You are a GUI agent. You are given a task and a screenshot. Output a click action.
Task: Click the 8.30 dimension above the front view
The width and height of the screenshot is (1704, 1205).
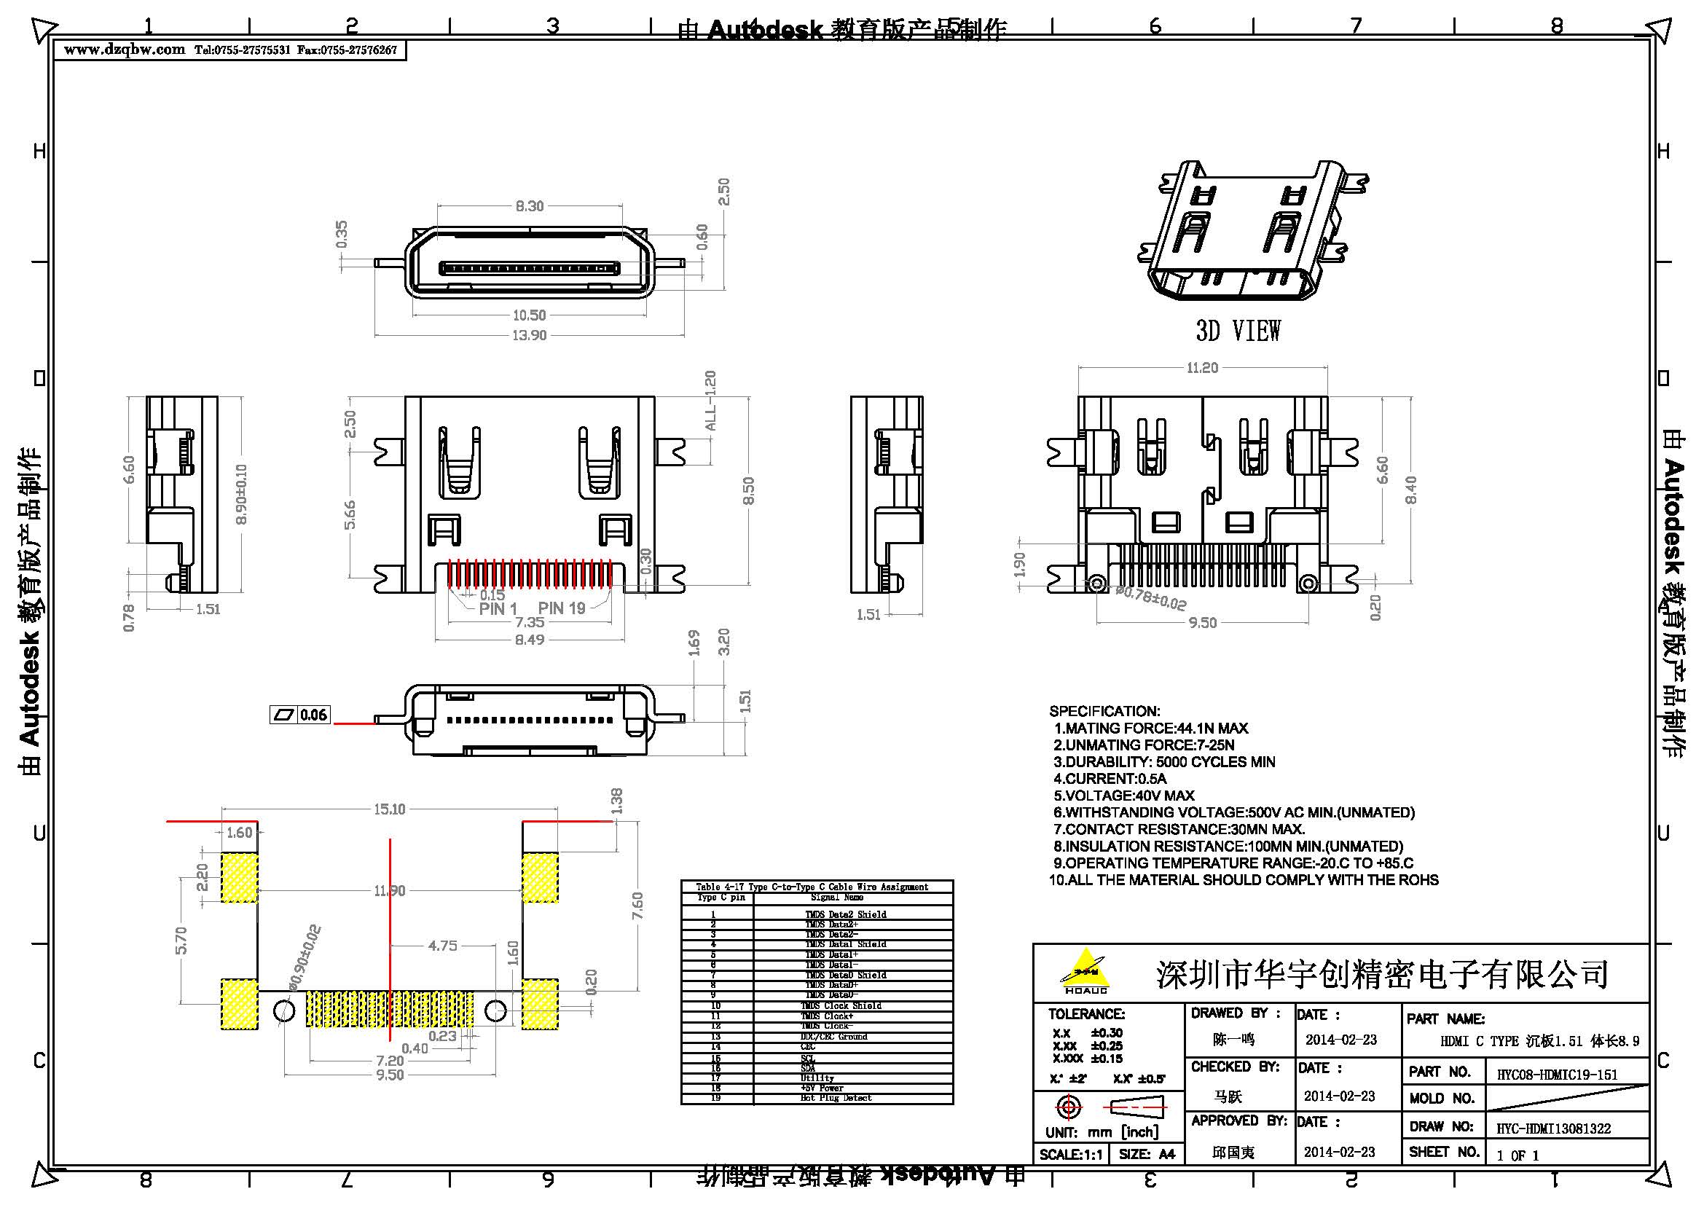(x=529, y=206)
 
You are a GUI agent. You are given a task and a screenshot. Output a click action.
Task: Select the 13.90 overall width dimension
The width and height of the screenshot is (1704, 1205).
(x=529, y=335)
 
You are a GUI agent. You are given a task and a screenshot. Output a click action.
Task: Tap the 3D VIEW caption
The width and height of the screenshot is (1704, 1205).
(x=1238, y=331)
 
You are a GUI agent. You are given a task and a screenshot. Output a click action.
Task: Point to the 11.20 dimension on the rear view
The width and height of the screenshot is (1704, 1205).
(x=1201, y=368)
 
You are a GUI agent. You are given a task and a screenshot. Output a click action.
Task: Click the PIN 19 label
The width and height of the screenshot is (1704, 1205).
(x=562, y=608)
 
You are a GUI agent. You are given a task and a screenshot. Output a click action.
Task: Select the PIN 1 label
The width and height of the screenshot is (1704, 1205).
(x=498, y=609)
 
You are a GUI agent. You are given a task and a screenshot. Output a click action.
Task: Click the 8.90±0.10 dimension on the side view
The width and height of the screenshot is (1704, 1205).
(x=241, y=495)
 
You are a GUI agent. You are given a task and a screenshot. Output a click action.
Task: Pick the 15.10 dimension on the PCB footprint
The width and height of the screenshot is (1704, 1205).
(x=389, y=809)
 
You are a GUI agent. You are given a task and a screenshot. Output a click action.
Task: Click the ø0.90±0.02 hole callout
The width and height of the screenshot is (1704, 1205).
(x=305, y=958)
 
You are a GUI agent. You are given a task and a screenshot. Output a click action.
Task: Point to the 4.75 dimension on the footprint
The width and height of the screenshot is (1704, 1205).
(x=442, y=946)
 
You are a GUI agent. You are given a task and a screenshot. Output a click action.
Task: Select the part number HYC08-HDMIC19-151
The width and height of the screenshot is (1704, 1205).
(x=1557, y=1075)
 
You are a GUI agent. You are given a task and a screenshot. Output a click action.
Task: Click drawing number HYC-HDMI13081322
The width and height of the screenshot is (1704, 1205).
(x=1553, y=1129)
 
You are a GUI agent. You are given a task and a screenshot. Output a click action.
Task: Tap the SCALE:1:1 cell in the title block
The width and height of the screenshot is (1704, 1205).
(x=1070, y=1155)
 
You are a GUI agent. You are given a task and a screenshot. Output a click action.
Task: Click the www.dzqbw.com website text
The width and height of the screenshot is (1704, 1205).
(x=124, y=50)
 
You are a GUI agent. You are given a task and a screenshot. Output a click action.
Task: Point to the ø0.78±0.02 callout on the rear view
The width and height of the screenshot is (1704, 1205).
(x=1151, y=598)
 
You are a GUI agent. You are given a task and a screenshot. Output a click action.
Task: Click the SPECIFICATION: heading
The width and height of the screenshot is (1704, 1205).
(x=1104, y=711)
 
